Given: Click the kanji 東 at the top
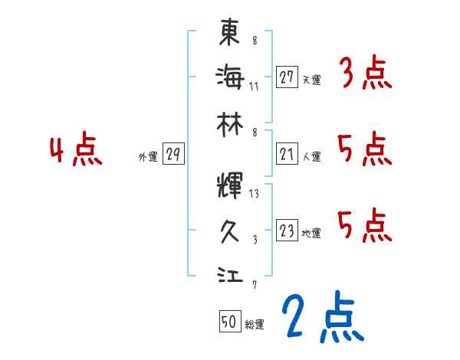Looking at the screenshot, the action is click(x=229, y=32).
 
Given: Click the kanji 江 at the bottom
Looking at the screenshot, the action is click(x=229, y=274).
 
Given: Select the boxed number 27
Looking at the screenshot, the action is click(x=287, y=77).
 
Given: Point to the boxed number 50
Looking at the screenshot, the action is click(x=229, y=322).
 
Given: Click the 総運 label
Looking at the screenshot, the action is click(x=255, y=325).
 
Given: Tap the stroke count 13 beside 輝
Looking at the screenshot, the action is click(x=254, y=194).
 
